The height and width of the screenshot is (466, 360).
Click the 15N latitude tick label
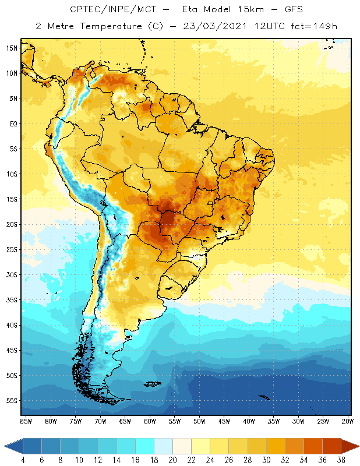click(12, 48)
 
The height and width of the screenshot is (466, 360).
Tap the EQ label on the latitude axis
click(12, 123)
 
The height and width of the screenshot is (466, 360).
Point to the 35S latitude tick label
click(12, 300)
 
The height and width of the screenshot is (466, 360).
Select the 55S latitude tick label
click(12, 401)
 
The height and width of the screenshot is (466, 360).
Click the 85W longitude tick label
click(26, 421)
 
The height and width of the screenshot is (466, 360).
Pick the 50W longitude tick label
click(200, 421)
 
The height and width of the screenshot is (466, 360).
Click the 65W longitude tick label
click(125, 421)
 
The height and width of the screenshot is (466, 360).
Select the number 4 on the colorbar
click(23, 460)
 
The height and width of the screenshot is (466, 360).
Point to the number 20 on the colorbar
click(172, 460)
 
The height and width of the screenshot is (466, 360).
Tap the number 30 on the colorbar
click(266, 460)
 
